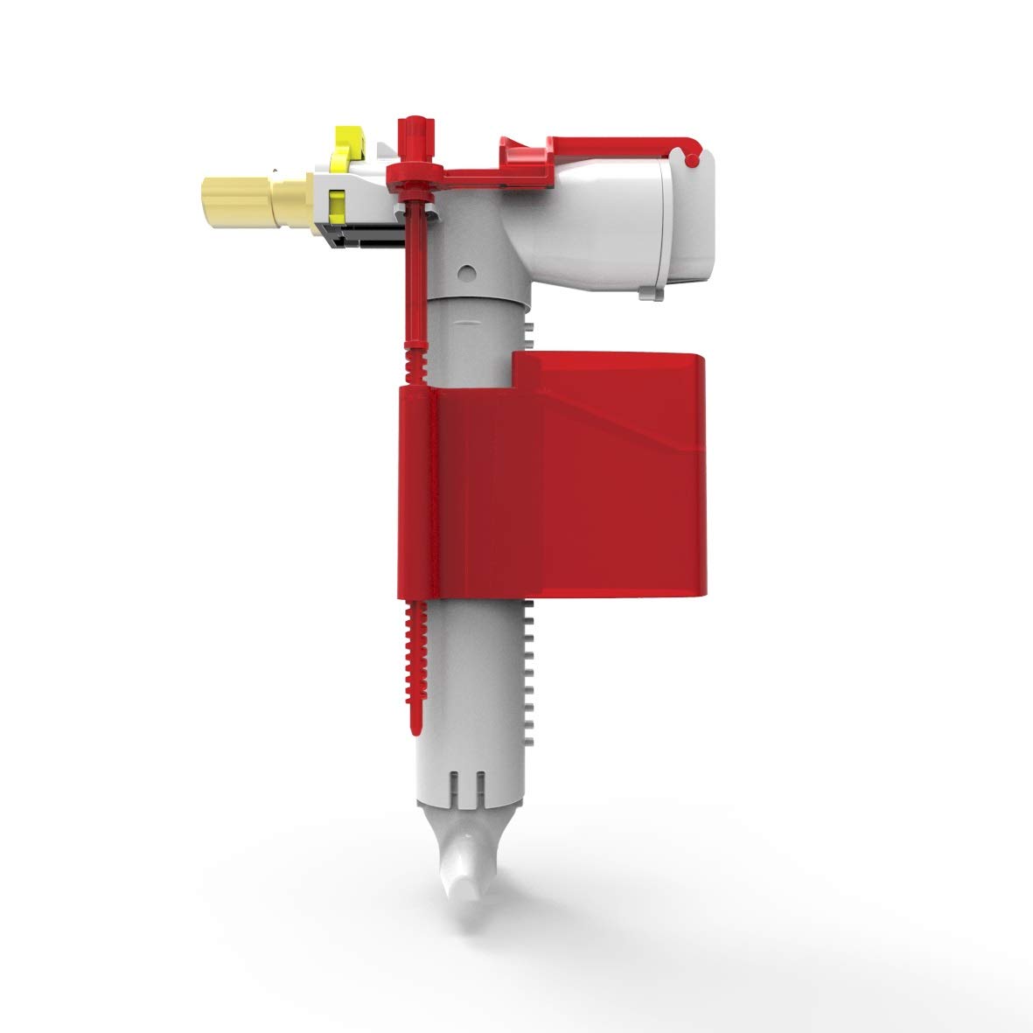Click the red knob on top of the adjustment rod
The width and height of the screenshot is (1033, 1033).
click(417, 124)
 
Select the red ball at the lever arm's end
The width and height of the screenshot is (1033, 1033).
click(693, 159)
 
